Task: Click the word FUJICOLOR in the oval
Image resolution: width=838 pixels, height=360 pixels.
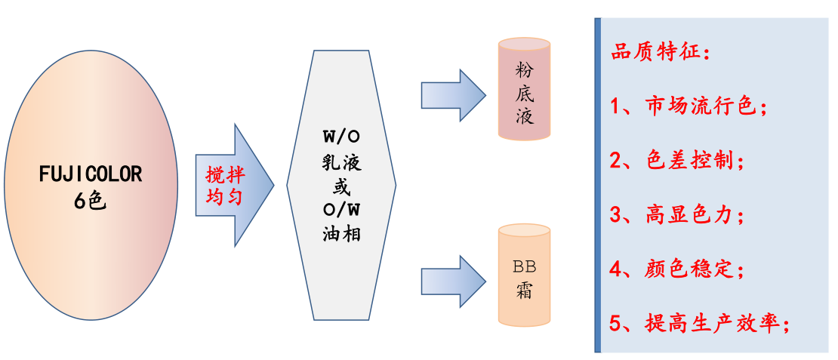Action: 91,174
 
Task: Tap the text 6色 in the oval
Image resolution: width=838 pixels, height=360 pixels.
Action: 91,201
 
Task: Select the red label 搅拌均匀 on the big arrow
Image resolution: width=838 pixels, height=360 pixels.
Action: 225,185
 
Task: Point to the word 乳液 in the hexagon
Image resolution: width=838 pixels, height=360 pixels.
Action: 341,163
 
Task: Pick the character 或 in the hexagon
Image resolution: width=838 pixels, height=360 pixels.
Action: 341,186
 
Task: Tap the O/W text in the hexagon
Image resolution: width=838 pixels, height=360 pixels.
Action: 340,208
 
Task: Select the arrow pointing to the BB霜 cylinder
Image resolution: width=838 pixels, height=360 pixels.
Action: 452,282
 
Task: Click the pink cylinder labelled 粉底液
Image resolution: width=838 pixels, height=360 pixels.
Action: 524,89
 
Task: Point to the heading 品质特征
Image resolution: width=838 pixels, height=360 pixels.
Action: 660,55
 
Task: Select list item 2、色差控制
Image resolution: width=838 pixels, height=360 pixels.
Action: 678,161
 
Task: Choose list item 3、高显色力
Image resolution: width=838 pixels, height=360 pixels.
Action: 678,214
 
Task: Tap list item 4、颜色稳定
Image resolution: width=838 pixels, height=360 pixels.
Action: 678,268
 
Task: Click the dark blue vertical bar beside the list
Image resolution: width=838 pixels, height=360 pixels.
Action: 598,185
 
